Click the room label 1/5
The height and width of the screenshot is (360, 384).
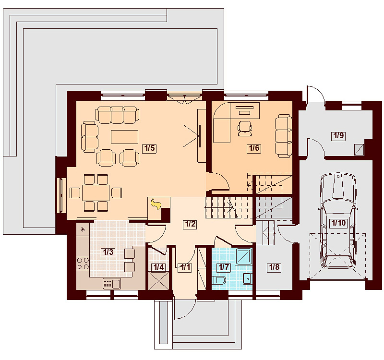click(149, 148)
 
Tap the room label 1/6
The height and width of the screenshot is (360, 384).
click(254, 148)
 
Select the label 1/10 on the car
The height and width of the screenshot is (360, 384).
click(338, 223)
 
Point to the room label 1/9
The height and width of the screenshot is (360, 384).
click(339, 136)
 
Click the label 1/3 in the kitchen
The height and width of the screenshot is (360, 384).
click(108, 252)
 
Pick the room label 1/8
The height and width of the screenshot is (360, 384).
click(274, 267)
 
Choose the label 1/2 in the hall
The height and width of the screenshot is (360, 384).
click(190, 224)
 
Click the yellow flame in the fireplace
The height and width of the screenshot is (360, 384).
click(156, 204)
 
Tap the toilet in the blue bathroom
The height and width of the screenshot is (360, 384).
click(219, 280)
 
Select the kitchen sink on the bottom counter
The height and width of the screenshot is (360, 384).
click(112, 284)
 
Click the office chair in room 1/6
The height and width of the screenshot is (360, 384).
click(245, 128)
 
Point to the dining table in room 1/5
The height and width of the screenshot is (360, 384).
click(96, 193)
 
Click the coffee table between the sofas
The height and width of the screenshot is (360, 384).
click(124, 137)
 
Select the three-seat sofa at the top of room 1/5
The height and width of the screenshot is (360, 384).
click(117, 115)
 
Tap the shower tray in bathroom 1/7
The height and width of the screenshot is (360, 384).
click(244, 256)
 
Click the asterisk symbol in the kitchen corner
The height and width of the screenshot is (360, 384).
click(83, 229)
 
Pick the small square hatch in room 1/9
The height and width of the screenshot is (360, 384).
click(359, 150)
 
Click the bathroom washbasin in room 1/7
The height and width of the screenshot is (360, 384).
click(248, 278)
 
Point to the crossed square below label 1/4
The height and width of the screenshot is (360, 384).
click(159, 281)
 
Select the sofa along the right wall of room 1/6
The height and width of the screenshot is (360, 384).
click(283, 136)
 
